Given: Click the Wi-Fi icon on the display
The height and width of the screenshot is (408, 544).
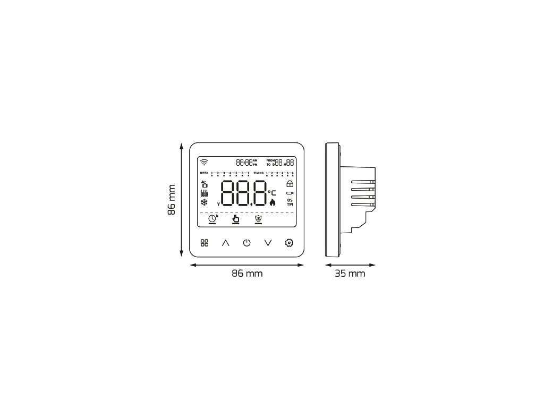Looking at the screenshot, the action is click(x=205, y=163).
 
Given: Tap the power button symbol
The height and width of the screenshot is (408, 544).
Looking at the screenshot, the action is click(x=246, y=243).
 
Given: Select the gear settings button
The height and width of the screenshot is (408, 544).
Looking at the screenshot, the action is click(x=289, y=243).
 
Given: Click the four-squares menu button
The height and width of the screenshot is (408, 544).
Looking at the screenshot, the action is click(x=205, y=243).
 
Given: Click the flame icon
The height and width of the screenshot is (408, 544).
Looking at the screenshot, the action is click(x=273, y=202).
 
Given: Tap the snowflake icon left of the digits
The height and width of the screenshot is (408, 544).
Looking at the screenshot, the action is click(x=205, y=202).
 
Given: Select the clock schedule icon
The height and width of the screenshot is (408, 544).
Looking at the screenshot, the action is click(x=212, y=218).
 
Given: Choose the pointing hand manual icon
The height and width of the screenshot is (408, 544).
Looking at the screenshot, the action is click(x=236, y=218).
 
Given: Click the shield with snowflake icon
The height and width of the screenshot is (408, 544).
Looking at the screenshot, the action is click(x=259, y=218).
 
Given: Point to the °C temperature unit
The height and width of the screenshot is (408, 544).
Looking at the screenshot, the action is click(x=272, y=192).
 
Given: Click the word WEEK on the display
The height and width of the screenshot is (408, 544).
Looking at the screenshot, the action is click(x=205, y=174).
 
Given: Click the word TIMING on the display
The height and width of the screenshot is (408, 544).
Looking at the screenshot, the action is click(x=258, y=174).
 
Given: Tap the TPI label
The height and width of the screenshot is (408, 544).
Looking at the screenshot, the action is click(x=290, y=204).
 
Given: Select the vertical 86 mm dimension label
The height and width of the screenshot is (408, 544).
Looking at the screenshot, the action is click(x=172, y=200).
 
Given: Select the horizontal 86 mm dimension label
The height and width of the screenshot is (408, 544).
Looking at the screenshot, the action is click(x=247, y=274).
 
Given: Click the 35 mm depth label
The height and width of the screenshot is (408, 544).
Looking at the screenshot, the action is click(x=350, y=274).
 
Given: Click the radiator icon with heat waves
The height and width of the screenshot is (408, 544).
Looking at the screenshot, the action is click(x=205, y=193).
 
